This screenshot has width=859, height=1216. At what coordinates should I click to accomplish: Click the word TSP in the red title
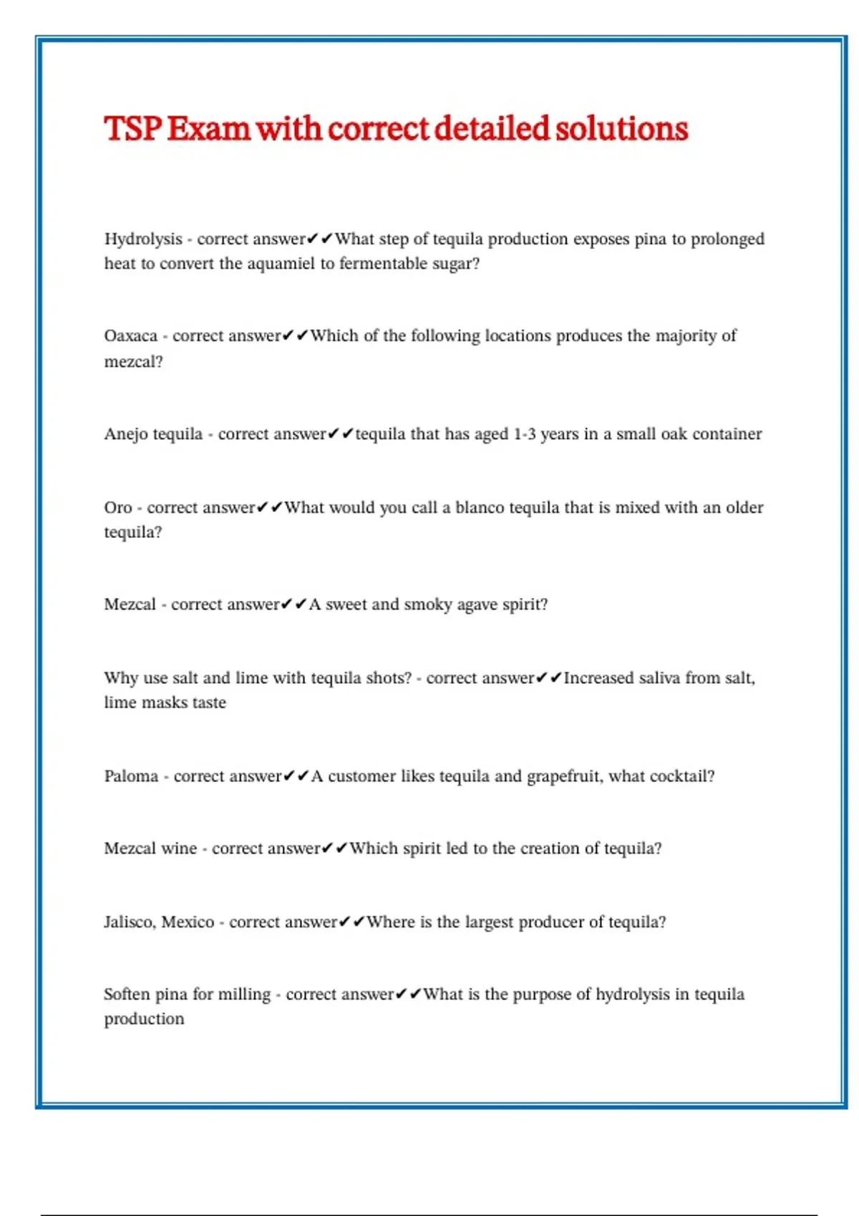pyautogui.click(x=132, y=129)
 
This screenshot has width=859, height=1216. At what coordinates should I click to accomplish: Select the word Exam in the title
pyautogui.click(x=208, y=129)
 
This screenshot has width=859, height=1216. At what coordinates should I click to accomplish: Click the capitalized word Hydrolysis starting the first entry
pyautogui.click(x=143, y=239)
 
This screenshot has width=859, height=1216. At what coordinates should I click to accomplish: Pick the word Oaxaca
pyautogui.click(x=130, y=336)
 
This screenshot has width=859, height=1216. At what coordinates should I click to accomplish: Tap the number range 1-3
pyautogui.click(x=524, y=434)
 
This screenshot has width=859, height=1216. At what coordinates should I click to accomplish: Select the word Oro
pyautogui.click(x=118, y=508)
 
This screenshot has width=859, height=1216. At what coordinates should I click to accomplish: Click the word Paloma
pyautogui.click(x=131, y=777)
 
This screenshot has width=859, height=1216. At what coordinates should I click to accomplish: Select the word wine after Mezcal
pyautogui.click(x=179, y=849)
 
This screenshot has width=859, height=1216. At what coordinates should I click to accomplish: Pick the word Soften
pyautogui.click(x=127, y=994)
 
